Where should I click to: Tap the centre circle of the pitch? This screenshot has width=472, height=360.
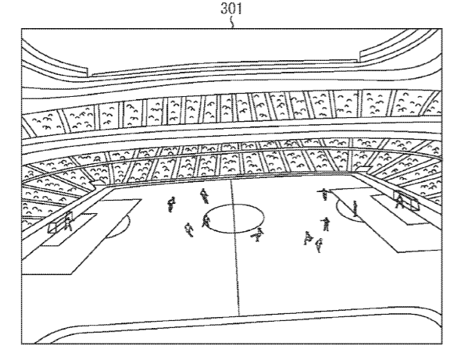click(x=234, y=216)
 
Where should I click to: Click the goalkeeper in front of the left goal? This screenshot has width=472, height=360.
click(x=69, y=223)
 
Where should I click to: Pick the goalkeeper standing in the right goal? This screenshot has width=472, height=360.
click(x=400, y=201)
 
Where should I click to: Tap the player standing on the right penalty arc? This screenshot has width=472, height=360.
click(x=356, y=209)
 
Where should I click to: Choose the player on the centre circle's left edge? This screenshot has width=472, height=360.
click(x=206, y=220)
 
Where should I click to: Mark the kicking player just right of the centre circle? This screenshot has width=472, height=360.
click(x=259, y=233)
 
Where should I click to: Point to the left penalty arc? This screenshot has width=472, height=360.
click(x=117, y=227)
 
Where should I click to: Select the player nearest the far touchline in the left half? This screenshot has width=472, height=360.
click(x=204, y=194)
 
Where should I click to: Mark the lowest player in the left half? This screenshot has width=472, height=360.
click(x=188, y=230)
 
